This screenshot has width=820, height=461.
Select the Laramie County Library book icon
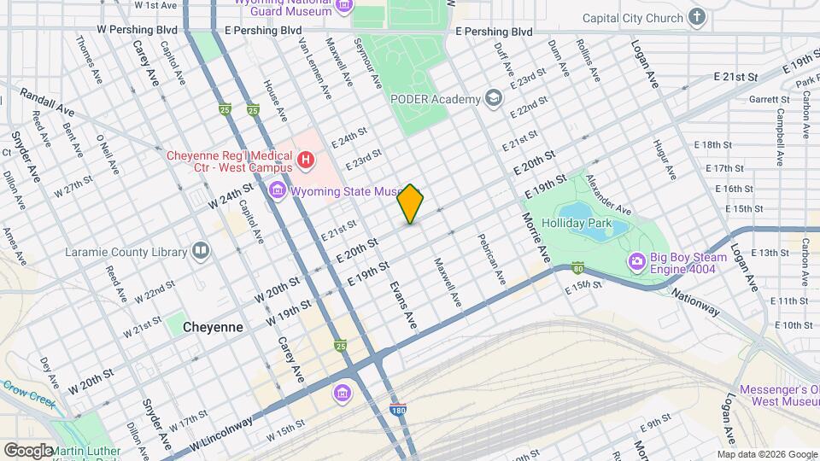click(201, 251)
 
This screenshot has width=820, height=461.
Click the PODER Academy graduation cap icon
click(494, 99)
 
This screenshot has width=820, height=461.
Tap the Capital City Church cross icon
click(697, 18)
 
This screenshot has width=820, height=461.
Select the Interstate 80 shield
click(578, 266)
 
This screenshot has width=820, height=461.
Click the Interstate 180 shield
click(397, 410)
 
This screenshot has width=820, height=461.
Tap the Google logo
click(27, 450)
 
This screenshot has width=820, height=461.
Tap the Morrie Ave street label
click(536, 232)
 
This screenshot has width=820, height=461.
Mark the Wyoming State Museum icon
click(277, 190)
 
